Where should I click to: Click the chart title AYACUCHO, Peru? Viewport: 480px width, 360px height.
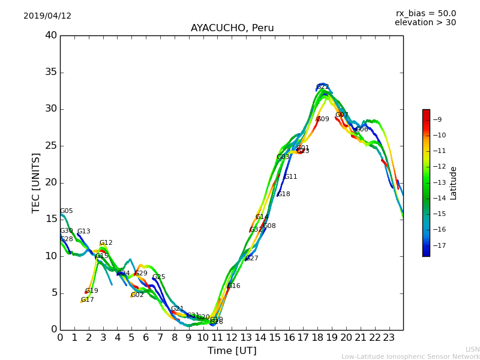(232, 28)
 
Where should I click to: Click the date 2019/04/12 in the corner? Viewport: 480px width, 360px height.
(47, 16)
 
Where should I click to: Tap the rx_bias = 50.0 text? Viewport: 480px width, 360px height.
(425, 14)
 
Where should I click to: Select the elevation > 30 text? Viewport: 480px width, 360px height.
(425, 23)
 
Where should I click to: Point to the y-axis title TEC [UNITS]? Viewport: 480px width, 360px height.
(37, 182)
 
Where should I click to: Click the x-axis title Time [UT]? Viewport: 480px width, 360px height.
(232, 351)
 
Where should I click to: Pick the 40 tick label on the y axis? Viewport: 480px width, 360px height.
(51, 35)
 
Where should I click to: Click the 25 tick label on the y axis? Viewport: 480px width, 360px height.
(51, 146)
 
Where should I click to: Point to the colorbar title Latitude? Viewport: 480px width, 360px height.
(454, 183)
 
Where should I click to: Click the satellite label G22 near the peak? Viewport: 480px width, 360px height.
(323, 87)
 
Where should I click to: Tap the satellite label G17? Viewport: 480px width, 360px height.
(88, 300)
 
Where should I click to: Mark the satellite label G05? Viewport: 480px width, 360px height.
(67, 211)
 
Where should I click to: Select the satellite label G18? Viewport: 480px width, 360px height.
(284, 194)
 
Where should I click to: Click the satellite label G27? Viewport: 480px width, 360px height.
(252, 259)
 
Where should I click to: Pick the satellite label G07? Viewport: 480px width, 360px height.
(342, 115)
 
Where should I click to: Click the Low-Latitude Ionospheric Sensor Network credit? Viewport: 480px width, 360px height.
(410, 357)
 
